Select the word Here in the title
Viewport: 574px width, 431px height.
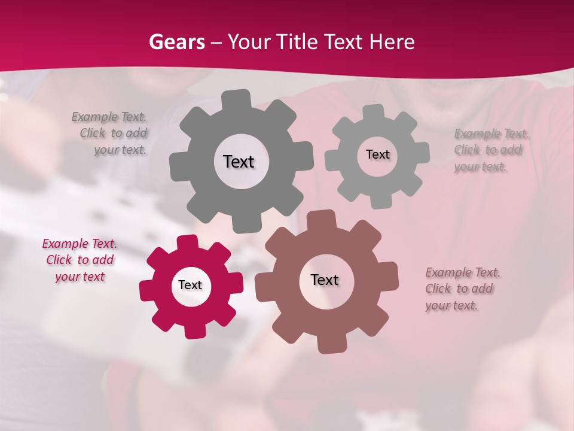click(392, 42)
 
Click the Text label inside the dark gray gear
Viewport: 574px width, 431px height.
click(239, 162)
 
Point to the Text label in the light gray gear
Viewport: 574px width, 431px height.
click(377, 154)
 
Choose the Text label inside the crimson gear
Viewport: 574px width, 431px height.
click(190, 285)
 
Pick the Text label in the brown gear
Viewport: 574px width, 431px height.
click(325, 280)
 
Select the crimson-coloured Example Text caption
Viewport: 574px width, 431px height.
click(80, 260)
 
